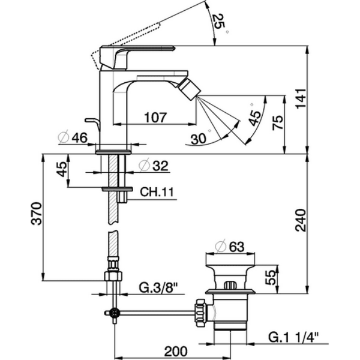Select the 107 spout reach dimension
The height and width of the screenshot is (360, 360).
tap(155, 118)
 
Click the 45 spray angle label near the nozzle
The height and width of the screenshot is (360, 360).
tap(254, 116)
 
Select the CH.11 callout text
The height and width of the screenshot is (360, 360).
tap(157, 192)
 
